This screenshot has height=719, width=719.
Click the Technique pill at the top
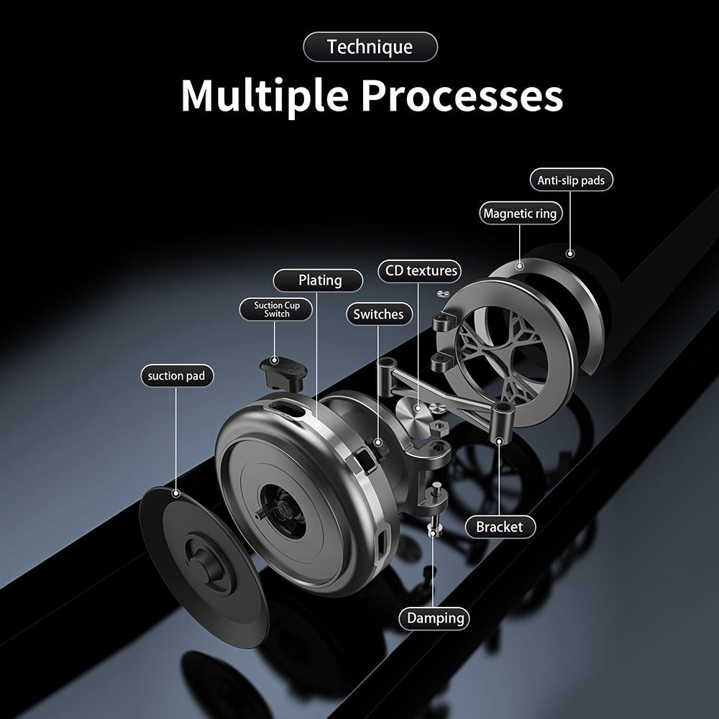click(370, 47)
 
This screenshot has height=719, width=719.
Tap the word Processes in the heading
click(462, 96)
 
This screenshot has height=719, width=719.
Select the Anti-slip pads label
click(571, 180)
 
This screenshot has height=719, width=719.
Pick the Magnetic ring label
click(520, 214)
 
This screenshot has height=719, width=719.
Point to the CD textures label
click(421, 271)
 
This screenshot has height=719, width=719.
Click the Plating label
click(319, 280)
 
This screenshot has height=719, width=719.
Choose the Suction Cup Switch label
click(277, 310)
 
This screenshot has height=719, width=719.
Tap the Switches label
click(378, 314)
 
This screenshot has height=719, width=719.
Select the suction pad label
click(176, 375)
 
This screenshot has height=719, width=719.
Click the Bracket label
click(499, 526)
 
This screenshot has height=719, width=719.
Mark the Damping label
click(434, 618)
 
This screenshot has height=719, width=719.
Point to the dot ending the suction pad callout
click(175, 494)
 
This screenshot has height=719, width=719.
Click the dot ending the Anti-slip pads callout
click(570, 252)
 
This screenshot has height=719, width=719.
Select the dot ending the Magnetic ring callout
click(519, 265)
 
